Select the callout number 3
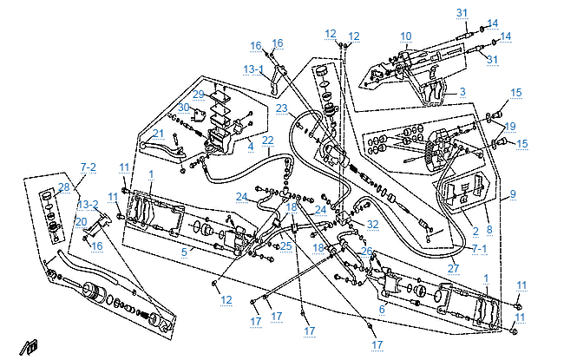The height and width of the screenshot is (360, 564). pyautogui.click(x=462, y=91)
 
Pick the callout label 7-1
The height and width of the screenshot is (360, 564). pyautogui.click(x=479, y=248)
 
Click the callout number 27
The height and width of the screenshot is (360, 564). pyautogui.click(x=453, y=269)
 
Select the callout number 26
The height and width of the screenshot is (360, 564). pyautogui.click(x=367, y=252)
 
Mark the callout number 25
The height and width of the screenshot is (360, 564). pyautogui.click(x=285, y=246)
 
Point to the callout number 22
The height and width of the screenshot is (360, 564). pyautogui.click(x=268, y=141)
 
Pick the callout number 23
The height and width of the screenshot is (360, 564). pyautogui.click(x=281, y=108)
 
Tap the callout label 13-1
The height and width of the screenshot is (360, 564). pyautogui.click(x=254, y=69)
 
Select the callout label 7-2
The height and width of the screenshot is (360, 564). pyautogui.click(x=89, y=166)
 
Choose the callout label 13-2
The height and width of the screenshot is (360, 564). pyautogui.click(x=88, y=205)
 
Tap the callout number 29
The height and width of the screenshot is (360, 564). pyautogui.click(x=198, y=94)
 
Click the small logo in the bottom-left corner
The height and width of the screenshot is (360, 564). pyautogui.click(x=30, y=348)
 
